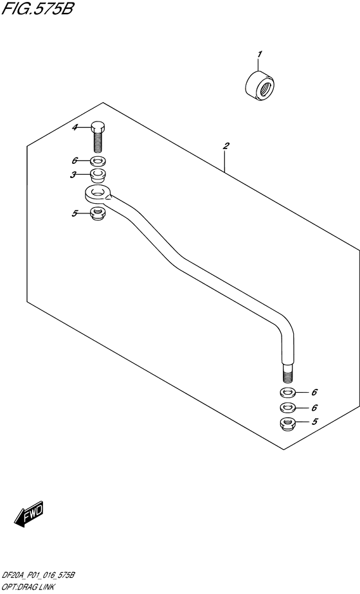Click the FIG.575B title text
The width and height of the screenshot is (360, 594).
point(37,8)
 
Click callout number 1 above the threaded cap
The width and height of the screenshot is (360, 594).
point(259,55)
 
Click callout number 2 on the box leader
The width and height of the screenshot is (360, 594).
point(226,145)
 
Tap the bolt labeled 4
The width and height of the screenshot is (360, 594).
point(98,136)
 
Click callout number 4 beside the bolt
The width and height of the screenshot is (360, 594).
point(75,127)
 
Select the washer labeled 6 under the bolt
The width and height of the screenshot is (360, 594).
point(98,161)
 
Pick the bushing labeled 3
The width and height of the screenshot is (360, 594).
point(98,175)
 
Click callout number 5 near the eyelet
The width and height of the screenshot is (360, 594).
point(75,214)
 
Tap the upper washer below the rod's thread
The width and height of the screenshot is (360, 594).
point(289,392)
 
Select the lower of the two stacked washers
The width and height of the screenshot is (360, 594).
point(289,408)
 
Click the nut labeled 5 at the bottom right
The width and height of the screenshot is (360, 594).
point(289,424)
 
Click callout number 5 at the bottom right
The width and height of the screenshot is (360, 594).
point(314,422)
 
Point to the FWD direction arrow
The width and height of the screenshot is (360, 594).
point(29,514)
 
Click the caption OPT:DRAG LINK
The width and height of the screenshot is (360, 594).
point(28,588)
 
